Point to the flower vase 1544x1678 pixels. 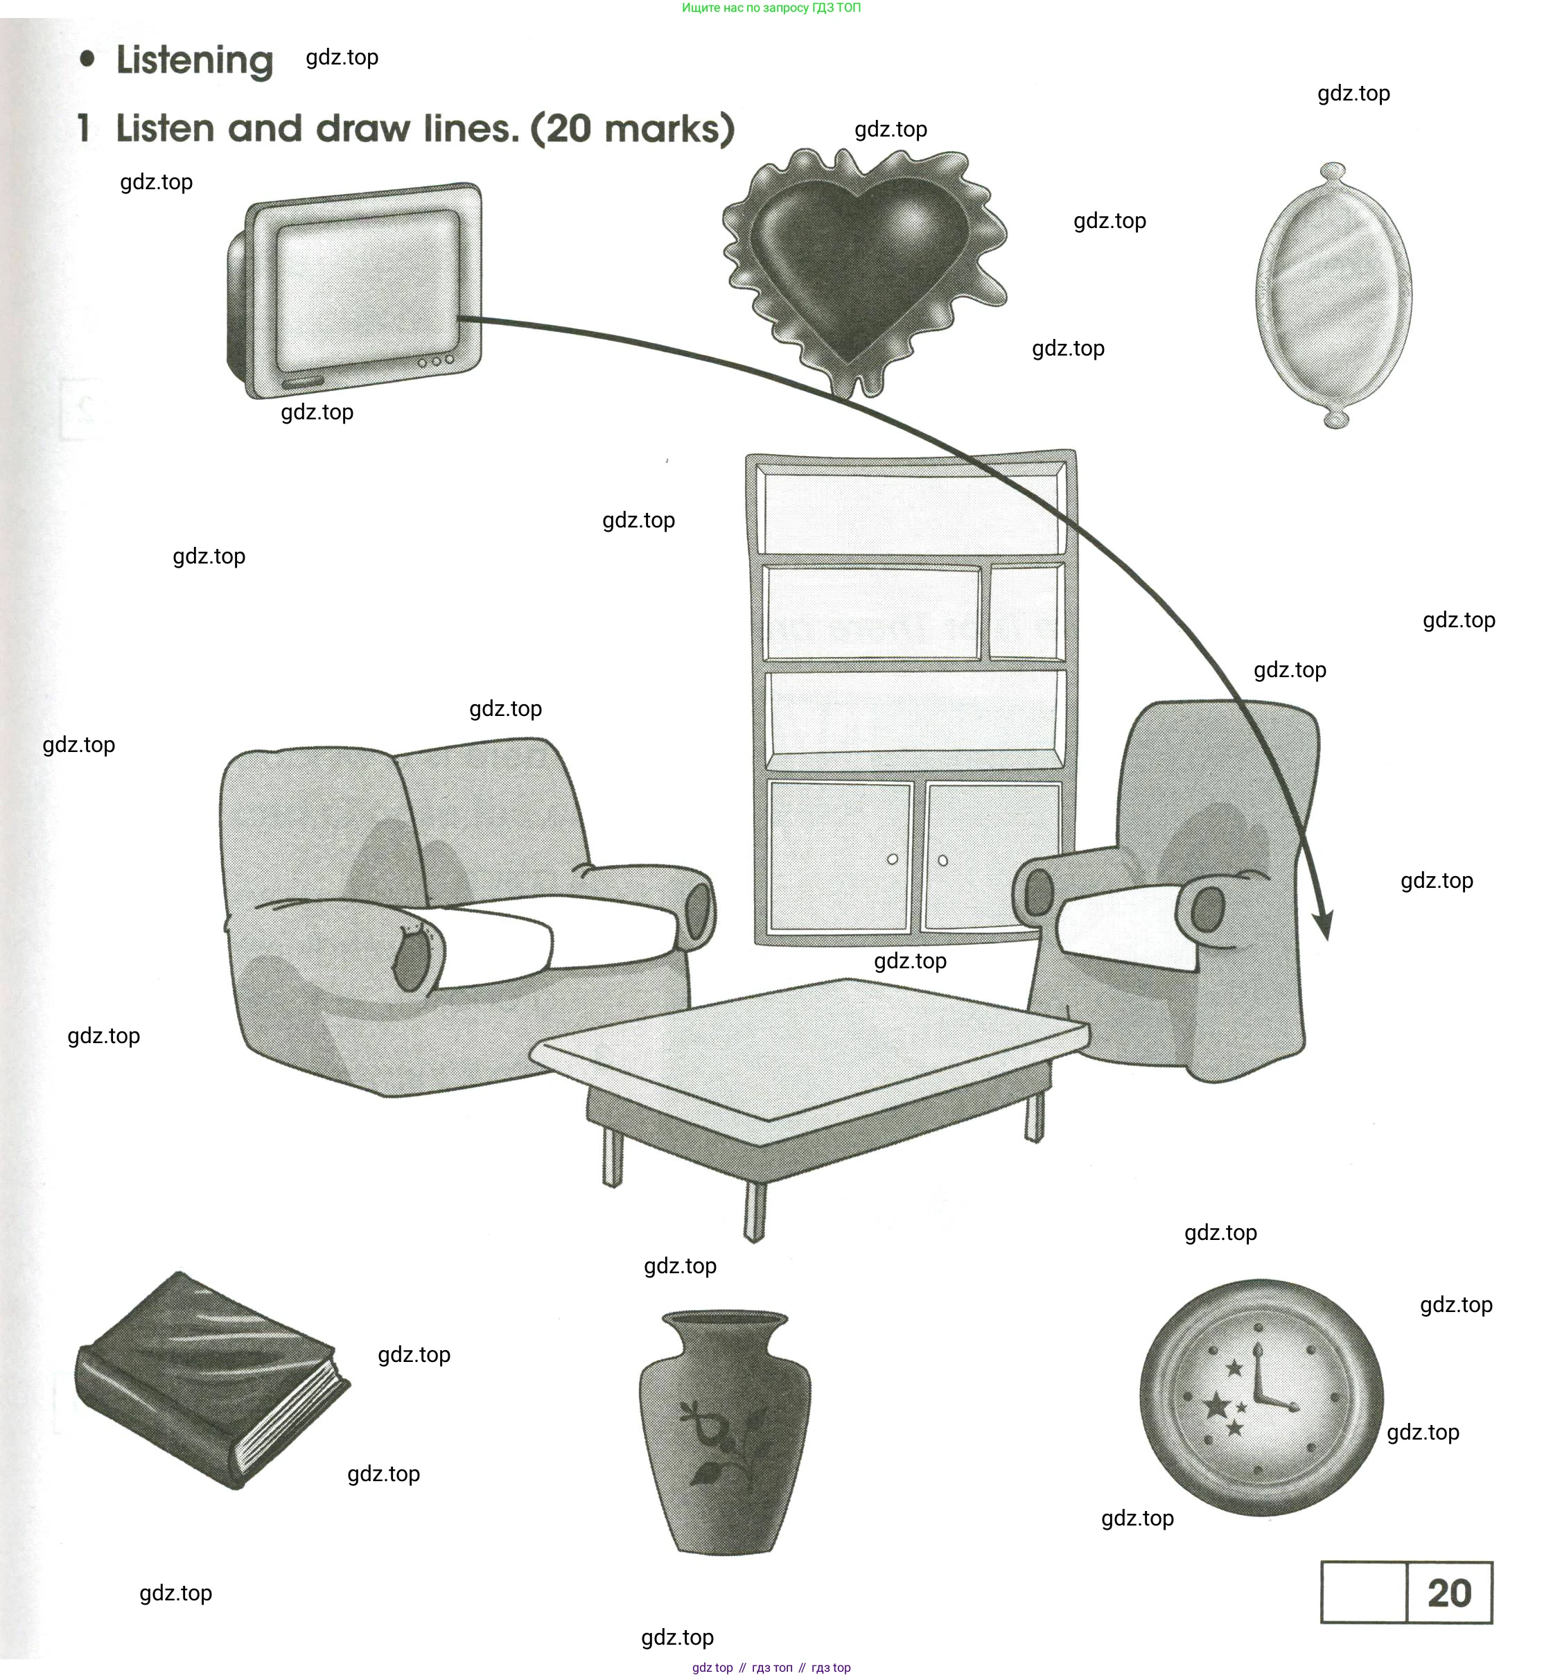pyautogui.click(x=724, y=1429)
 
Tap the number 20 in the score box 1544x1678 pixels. pyautogui.click(x=1449, y=1593)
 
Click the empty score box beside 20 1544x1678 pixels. pyautogui.click(x=1364, y=1593)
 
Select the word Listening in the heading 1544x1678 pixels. pyautogui.click(x=195, y=60)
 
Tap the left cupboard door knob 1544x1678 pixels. pyautogui.click(x=893, y=859)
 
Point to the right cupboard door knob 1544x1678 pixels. pyautogui.click(x=943, y=861)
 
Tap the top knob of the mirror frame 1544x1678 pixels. pyautogui.click(x=1333, y=174)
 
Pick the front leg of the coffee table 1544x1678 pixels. pyautogui.click(x=755, y=1212)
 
